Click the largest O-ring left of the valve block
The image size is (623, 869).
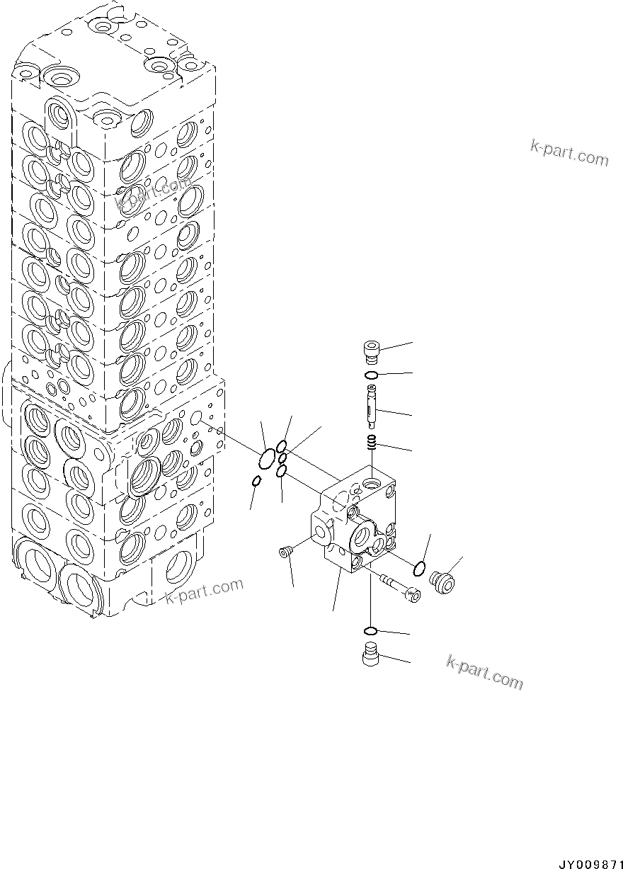tap(268, 459)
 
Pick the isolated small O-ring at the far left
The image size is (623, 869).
tap(257, 482)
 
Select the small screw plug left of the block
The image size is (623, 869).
tap(286, 553)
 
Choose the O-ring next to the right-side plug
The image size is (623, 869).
tap(419, 567)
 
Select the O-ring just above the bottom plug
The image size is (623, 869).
tap(370, 631)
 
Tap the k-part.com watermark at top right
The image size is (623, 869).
tap(569, 152)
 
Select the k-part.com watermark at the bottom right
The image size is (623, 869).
tap(484, 673)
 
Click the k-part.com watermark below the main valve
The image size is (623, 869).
tap(204, 592)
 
